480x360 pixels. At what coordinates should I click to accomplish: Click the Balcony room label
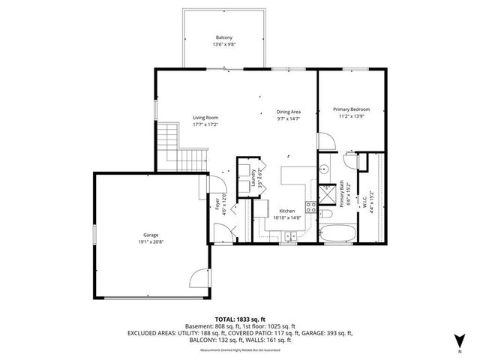tap(224, 37)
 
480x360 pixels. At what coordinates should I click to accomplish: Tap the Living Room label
tap(205, 117)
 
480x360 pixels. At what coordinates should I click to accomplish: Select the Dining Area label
tap(289, 111)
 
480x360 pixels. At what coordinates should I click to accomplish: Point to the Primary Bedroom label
tap(352, 109)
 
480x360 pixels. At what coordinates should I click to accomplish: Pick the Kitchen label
tap(287, 211)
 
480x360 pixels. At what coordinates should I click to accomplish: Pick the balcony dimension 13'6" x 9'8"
tap(224, 45)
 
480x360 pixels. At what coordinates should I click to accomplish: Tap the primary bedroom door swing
tap(326, 140)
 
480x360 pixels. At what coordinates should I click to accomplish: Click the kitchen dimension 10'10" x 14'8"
tap(287, 218)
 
